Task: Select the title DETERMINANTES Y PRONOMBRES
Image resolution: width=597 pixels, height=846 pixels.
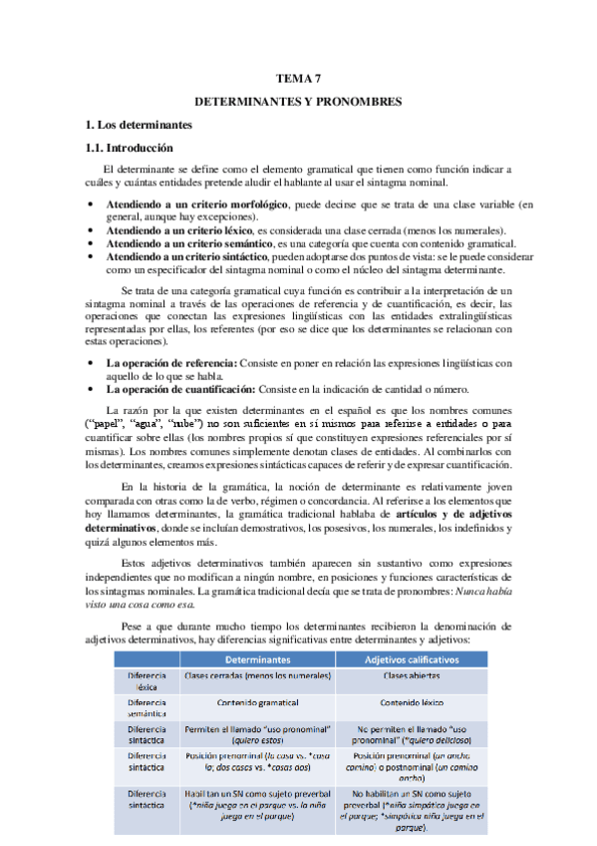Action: [x=297, y=102]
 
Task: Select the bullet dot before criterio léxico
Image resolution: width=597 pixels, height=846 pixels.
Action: [x=91, y=229]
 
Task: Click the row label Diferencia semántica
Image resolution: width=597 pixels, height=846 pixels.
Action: [x=147, y=706]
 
